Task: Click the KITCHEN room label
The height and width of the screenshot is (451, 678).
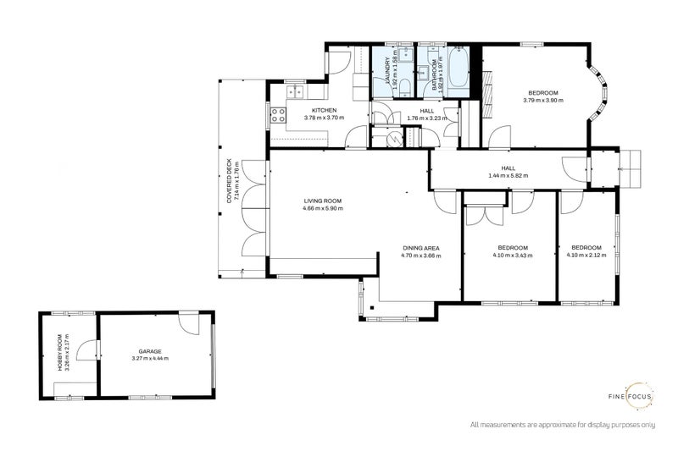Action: (x=324, y=110)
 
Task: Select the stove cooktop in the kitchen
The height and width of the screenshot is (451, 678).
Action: (x=277, y=116)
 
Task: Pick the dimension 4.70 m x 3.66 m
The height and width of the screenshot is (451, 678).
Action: (x=420, y=255)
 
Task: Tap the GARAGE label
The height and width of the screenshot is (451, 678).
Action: (x=150, y=350)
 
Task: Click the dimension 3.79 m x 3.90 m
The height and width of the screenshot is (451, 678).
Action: (x=543, y=101)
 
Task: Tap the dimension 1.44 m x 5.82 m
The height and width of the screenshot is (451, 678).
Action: (x=508, y=175)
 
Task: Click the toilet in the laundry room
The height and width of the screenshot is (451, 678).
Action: (x=406, y=86)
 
